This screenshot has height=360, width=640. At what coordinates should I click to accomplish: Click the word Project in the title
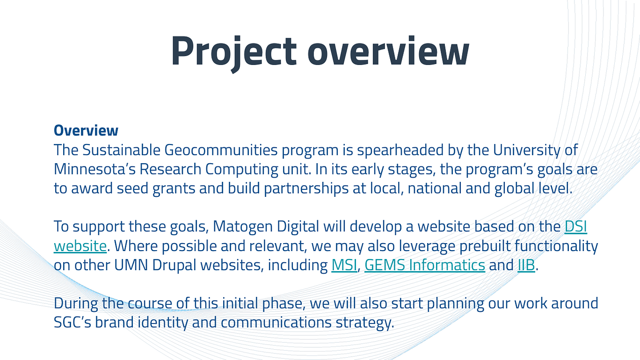[234, 52]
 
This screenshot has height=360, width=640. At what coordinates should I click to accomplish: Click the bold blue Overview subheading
[86, 130]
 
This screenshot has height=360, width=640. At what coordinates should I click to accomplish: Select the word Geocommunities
[221, 150]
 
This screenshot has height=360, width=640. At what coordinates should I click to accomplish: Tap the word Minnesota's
[95, 169]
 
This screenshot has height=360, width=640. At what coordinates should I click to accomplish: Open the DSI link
[576, 226]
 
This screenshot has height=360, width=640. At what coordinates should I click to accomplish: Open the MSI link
[344, 265]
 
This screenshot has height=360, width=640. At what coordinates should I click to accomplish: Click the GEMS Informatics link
[425, 265]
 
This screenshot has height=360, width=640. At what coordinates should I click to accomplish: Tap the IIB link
[526, 265]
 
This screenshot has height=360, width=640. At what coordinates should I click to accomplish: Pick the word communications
[276, 322]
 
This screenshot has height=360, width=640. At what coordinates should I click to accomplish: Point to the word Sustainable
[122, 150]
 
